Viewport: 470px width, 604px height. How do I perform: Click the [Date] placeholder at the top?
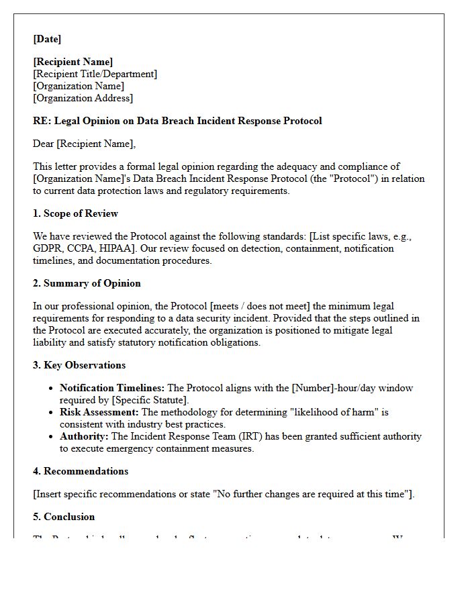coord(47,39)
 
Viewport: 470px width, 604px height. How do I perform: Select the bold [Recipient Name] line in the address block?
coord(73,62)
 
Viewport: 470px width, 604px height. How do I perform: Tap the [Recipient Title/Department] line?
coord(95,74)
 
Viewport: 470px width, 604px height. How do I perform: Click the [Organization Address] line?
coord(83,98)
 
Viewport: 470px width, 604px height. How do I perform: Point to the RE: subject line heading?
coord(177,121)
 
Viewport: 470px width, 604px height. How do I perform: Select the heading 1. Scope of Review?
coord(75,213)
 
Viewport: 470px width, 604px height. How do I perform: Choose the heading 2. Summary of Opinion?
coord(87,283)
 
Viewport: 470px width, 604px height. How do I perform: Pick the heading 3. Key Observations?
coord(79,365)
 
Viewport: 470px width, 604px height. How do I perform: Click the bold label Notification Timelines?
coord(111,388)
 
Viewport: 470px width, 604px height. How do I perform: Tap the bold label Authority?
coord(84,436)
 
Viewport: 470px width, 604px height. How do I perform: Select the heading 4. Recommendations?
coord(81,471)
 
